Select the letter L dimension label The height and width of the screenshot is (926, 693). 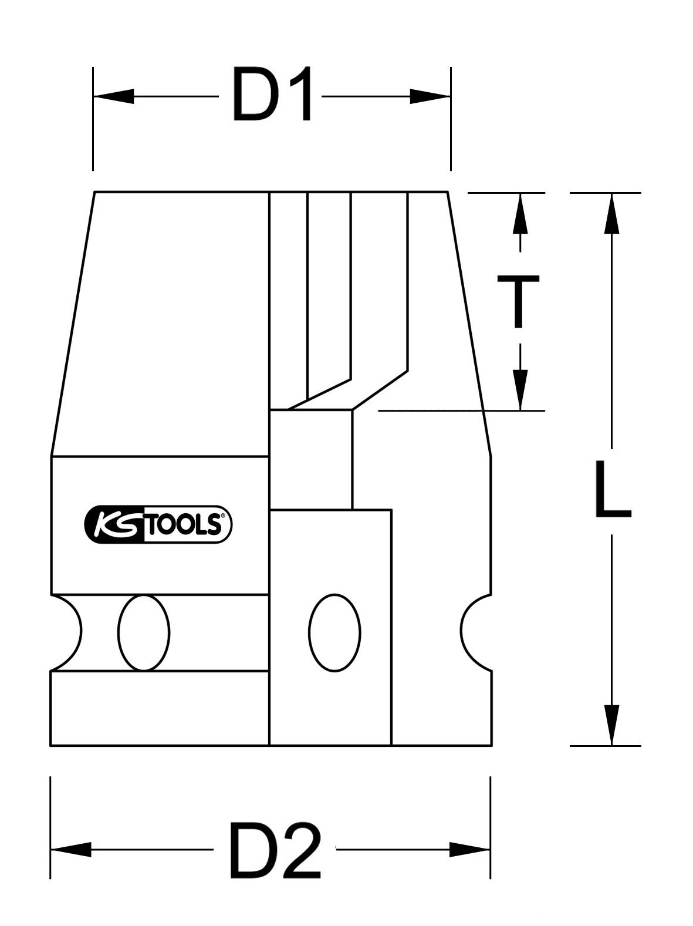click(611, 490)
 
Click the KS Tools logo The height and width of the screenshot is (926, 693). click(158, 524)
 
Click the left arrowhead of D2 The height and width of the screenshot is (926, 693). click(70, 849)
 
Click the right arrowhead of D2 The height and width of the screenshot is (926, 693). click(469, 849)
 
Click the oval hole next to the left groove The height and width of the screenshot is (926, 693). click(143, 632)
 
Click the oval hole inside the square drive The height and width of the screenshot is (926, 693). click(334, 632)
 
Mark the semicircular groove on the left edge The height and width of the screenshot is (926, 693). click(66, 632)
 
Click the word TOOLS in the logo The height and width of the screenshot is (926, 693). click(182, 525)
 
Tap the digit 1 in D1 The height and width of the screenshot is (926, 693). click(298, 95)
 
